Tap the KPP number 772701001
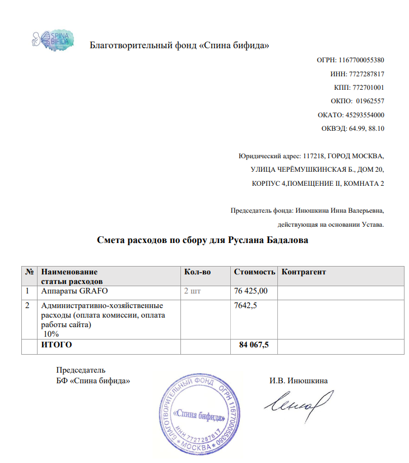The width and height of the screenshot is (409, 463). coord(368,88)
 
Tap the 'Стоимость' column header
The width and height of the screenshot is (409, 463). coord(254,272)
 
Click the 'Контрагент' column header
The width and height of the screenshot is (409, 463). coord(304,272)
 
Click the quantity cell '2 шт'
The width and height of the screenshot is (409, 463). coord(193,291)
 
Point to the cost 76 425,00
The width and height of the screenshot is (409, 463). coord(251,291)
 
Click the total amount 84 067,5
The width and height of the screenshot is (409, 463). coord(254,345)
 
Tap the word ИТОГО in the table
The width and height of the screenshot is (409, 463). coord(57,345)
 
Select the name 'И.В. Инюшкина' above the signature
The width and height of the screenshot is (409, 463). coord(299,381)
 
